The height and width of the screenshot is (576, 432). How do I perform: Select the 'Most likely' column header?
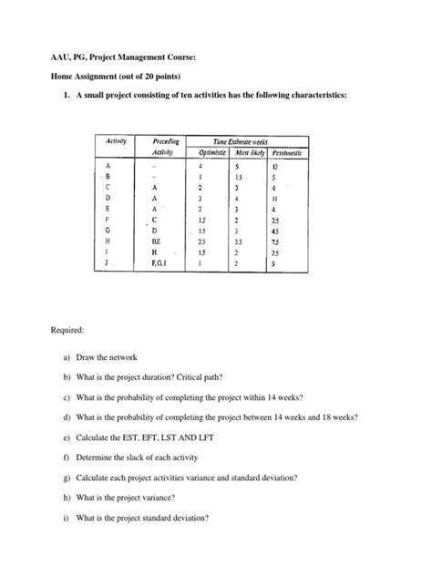tap(249, 154)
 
